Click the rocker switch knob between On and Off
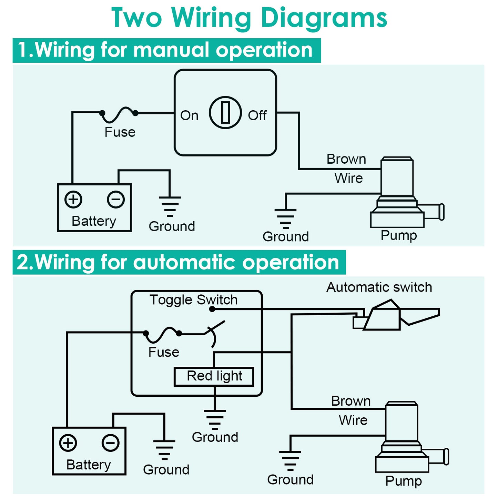225,112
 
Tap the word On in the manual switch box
189,115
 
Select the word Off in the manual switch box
257,115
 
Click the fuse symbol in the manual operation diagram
119,114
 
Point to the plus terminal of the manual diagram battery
73,199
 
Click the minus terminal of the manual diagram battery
116,199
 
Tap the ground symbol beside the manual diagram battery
170,206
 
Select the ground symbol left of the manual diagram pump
285,218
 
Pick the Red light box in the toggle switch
214,376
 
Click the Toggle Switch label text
193,300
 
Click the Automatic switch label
379,287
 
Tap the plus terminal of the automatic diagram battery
68,443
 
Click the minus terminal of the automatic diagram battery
111,443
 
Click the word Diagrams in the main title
324,18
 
